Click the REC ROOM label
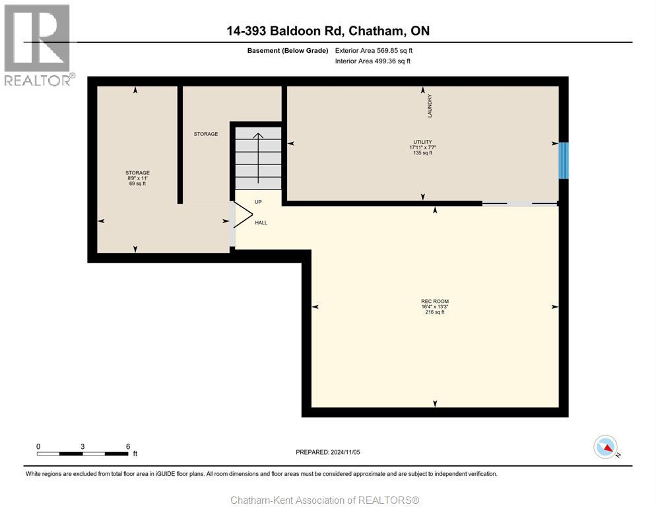pos(434,301)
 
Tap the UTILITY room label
pos(422,142)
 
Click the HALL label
pos(261,223)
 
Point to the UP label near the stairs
pos(259,201)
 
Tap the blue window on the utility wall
pos(563,160)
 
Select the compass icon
pos(605,447)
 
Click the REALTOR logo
pos(38,45)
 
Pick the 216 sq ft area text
pos(434,312)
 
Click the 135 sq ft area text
pos(422,153)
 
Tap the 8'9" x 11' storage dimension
pos(137,178)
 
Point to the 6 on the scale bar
pos(127,446)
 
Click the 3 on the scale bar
pos(82,446)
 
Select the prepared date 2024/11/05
pos(328,452)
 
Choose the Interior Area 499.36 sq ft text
pos(373,61)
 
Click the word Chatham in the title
pos(374,31)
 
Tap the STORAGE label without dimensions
pos(205,134)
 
